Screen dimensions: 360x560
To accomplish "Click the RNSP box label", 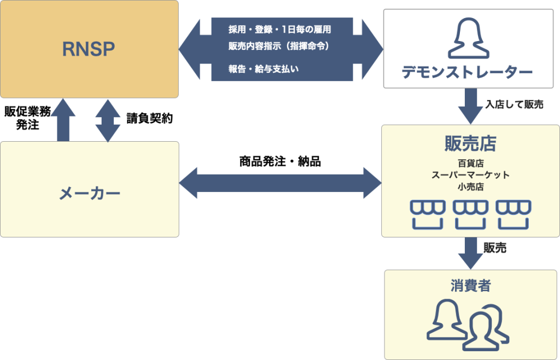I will point(89,49).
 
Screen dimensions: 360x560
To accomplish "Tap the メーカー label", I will point(89,193).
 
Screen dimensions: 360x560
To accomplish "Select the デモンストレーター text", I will point(467,73).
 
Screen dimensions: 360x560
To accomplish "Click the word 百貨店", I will point(470,163).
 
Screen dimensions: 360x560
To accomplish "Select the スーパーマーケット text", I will point(470,175).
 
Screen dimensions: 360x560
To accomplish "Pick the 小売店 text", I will point(470,187).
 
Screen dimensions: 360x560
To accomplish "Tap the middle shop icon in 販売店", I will point(470,214).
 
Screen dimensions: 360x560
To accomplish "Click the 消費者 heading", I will point(470,286).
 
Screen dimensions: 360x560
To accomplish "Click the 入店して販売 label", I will point(514,105).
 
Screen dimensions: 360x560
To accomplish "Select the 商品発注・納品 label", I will point(280,162).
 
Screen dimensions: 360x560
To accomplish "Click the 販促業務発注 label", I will point(28,118).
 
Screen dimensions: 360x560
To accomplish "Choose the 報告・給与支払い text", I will point(264,69).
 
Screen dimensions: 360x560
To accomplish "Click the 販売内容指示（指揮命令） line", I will point(279,47).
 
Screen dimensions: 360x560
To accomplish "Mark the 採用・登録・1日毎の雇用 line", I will point(279,30).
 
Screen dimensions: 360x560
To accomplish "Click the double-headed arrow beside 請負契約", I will point(107,120).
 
